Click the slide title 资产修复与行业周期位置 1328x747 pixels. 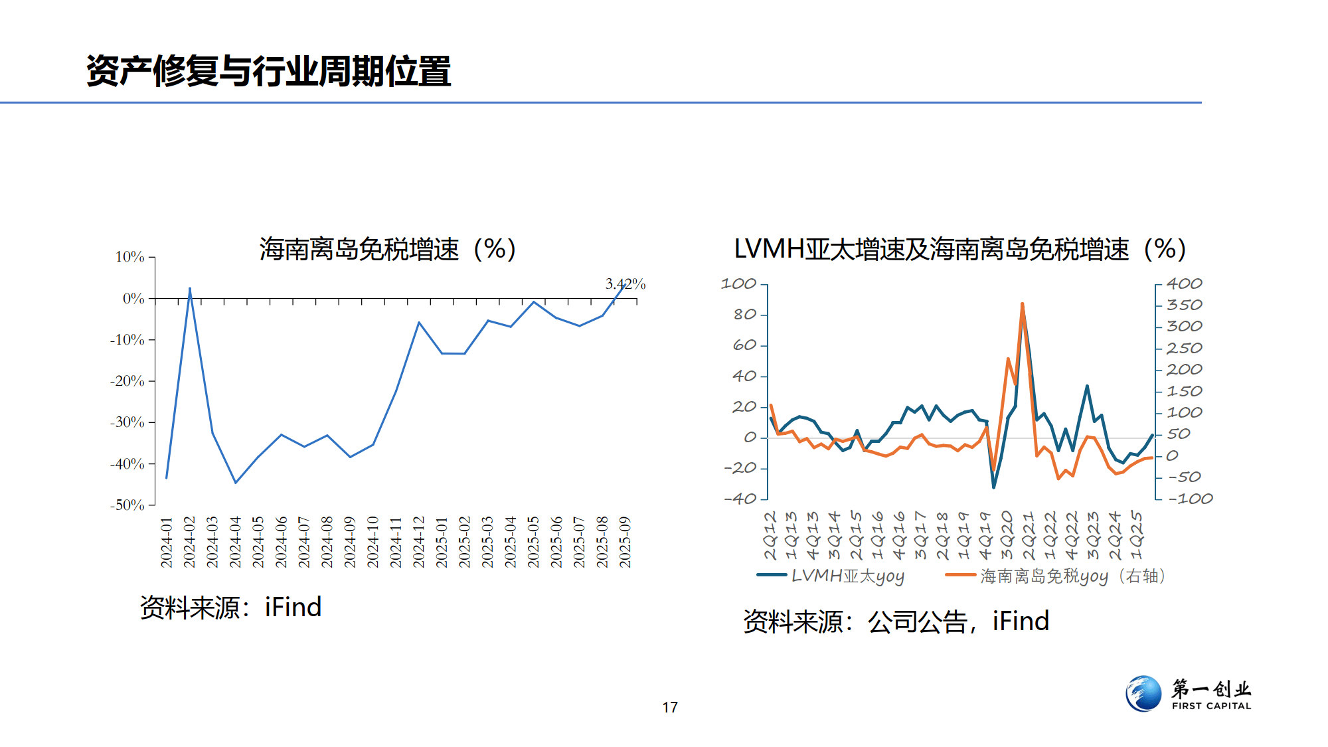pyautogui.click(x=268, y=71)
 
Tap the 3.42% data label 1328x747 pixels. pyautogui.click(x=625, y=284)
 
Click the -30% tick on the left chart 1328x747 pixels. pyautogui.click(x=127, y=422)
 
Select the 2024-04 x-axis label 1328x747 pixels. pyautogui.click(x=235, y=542)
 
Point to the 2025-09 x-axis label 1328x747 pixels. pyautogui.click(x=625, y=542)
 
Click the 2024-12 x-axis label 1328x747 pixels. pyautogui.click(x=418, y=542)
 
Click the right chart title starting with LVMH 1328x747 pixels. pyautogui.click(x=959, y=250)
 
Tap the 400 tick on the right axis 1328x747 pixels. pyautogui.click(x=1184, y=284)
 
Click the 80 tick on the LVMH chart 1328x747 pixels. pyautogui.click(x=745, y=315)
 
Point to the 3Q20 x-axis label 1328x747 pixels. pyautogui.click(x=1007, y=535)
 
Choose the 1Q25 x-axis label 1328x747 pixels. pyautogui.click(x=1136, y=535)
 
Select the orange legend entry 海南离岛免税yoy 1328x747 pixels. pyautogui.click(x=1056, y=576)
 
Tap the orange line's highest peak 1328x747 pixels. pyautogui.click(x=1022, y=304)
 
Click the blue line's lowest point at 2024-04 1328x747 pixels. pyautogui.click(x=235, y=483)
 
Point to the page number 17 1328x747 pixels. pyautogui.click(x=670, y=708)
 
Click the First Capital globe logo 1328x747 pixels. pyautogui.click(x=1143, y=694)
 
